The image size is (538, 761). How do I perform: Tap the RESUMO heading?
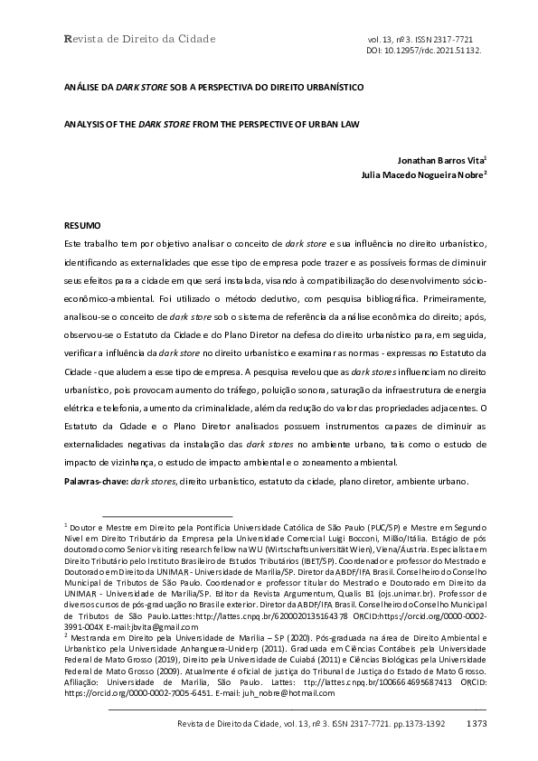click(x=81, y=223)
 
